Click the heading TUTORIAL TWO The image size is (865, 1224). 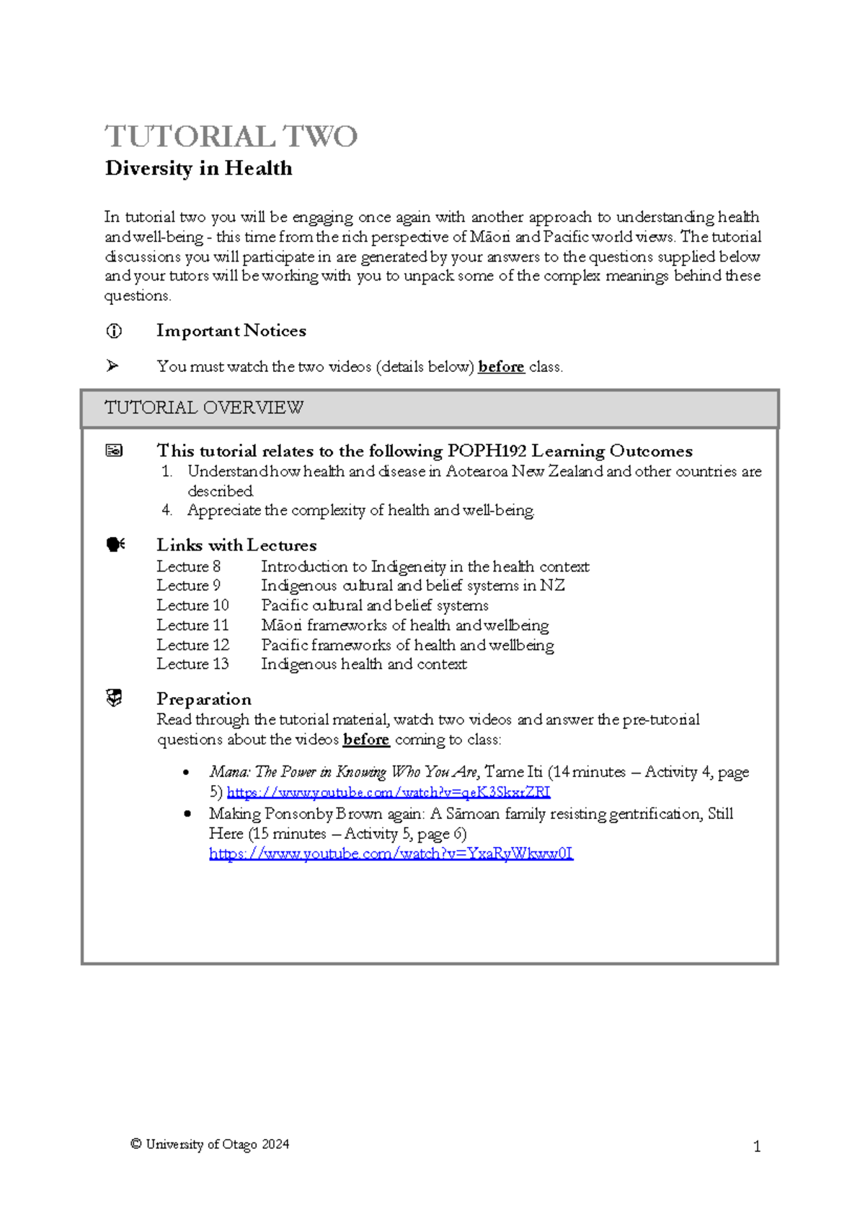[x=231, y=136]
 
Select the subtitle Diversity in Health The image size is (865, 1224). [x=199, y=169]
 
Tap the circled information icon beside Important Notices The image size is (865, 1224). [x=114, y=331]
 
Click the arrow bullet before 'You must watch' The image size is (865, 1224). [x=112, y=366]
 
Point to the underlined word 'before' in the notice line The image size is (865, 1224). [x=501, y=367]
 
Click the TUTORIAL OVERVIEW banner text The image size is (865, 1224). [x=204, y=408]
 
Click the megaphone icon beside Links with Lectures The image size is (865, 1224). [x=115, y=545]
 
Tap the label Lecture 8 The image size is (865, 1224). [x=189, y=567]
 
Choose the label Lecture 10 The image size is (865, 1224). [x=192, y=606]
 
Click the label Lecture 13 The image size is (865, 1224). [x=192, y=664]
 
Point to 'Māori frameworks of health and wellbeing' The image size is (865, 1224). [x=404, y=625]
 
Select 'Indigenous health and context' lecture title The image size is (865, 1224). [x=363, y=664]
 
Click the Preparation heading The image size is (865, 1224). [x=204, y=699]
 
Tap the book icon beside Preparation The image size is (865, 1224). [x=114, y=698]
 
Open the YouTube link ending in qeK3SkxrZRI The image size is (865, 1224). [x=389, y=793]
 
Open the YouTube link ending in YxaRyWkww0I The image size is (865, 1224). [x=391, y=854]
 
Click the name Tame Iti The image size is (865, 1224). [x=514, y=772]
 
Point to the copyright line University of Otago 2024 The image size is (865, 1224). [x=210, y=1144]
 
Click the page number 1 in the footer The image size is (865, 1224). [x=757, y=1147]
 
